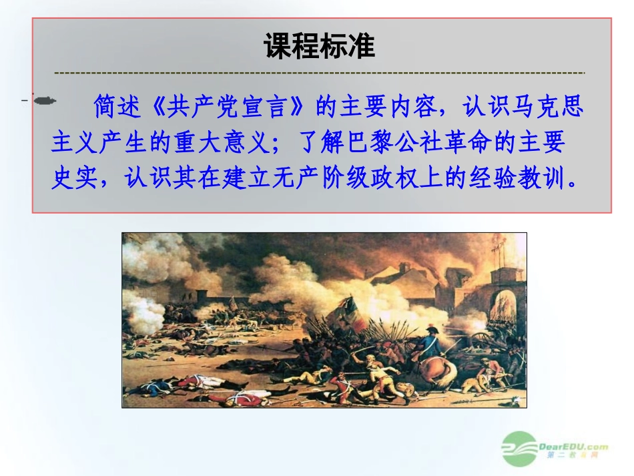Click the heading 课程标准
point(320,47)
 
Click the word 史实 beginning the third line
point(70,178)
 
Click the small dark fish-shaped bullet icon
point(44,100)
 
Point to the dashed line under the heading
point(319,71)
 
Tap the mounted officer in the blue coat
point(427,344)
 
